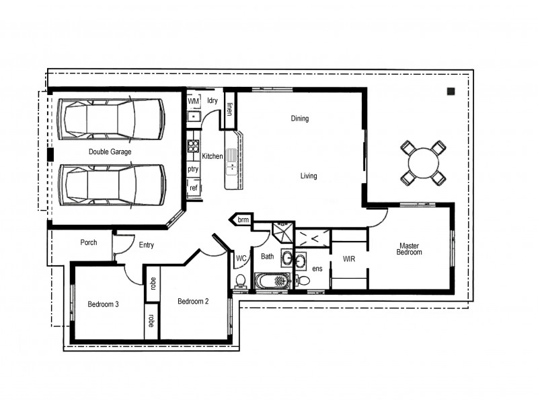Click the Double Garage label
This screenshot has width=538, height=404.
click(x=110, y=152)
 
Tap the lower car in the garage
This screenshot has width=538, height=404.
click(x=112, y=184)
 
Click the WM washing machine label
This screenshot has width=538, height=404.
click(x=193, y=101)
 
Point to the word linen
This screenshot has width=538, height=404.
click(x=229, y=109)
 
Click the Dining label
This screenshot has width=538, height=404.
click(x=299, y=119)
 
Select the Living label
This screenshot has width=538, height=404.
click(x=308, y=176)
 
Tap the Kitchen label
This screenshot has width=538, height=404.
click(x=212, y=156)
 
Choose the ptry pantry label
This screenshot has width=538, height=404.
click(x=193, y=169)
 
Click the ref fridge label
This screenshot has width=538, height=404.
click(x=193, y=188)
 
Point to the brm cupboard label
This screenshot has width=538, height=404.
click(x=243, y=220)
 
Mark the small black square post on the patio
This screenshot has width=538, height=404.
click(x=451, y=92)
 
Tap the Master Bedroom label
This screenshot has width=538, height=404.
click(x=410, y=248)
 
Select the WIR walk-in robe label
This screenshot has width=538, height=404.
click(x=349, y=259)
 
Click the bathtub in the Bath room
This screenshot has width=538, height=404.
click(x=273, y=280)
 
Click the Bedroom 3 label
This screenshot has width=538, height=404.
click(x=103, y=304)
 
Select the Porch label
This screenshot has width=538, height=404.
click(x=89, y=242)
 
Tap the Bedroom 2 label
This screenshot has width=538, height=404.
click(x=192, y=302)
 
